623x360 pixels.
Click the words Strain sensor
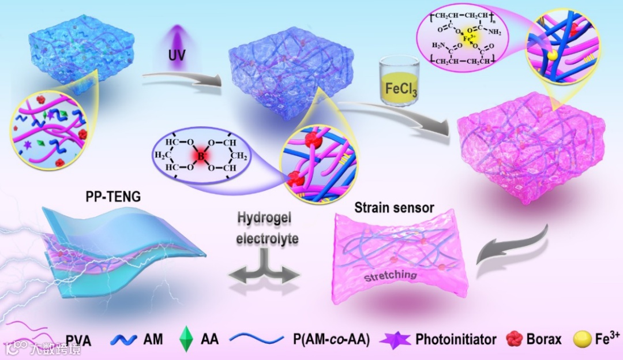coord(394,207)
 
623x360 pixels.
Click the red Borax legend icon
coord(513,339)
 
